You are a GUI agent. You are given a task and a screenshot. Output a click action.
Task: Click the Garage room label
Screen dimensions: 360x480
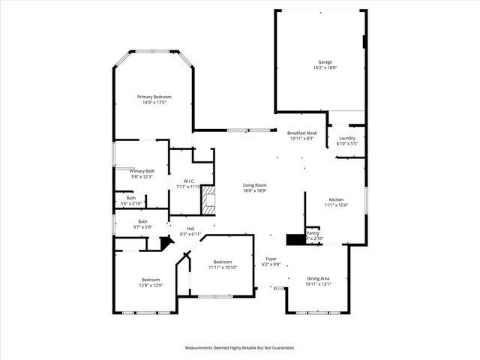325,62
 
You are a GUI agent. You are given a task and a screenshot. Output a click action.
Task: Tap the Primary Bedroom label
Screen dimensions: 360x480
154,97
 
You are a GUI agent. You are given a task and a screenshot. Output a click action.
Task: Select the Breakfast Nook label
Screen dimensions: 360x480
301,133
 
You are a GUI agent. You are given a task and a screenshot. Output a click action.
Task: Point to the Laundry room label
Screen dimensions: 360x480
346,138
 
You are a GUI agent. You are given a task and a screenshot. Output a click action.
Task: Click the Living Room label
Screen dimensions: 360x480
254,185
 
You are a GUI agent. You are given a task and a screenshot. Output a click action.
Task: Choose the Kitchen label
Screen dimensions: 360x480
336,199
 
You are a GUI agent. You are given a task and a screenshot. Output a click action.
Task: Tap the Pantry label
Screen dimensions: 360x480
313,233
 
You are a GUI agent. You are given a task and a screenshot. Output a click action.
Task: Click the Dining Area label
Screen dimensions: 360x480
318,278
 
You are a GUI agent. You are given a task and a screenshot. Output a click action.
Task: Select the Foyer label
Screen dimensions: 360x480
271,259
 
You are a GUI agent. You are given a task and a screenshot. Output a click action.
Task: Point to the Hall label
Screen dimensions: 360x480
190,229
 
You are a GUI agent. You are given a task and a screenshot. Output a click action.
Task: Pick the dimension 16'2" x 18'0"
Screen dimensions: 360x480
325,68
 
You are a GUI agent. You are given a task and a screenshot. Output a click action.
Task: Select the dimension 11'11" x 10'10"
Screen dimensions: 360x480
223,268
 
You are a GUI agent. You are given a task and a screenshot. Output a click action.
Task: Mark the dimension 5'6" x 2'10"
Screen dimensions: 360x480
131,204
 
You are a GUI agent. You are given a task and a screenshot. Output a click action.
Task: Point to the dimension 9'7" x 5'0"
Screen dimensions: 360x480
142,226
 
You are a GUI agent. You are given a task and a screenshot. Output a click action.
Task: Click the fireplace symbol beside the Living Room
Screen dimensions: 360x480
211,199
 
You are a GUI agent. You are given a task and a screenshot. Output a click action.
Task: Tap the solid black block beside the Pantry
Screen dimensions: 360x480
295,239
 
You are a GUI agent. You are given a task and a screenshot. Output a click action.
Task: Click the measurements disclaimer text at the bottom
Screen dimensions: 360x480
240,348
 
